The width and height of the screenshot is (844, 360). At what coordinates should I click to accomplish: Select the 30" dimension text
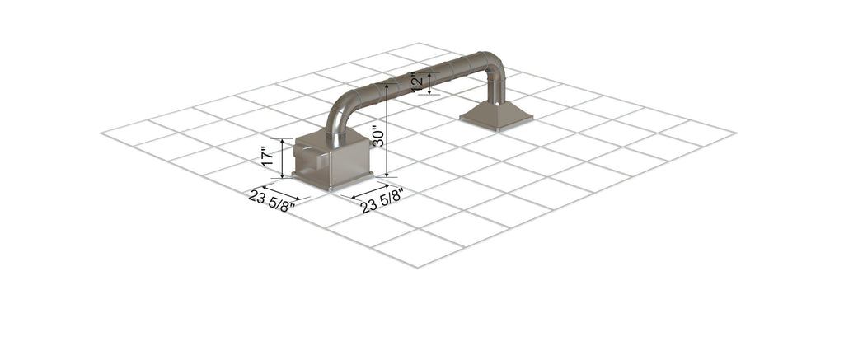coord(377,136)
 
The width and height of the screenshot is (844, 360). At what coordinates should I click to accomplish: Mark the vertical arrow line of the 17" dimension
coord(283,158)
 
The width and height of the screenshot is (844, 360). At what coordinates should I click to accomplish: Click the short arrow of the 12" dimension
coord(429,83)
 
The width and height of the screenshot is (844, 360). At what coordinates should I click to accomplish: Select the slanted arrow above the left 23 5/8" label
coord(281,192)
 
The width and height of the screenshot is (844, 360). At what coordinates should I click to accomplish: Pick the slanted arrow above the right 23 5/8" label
coord(370,191)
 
